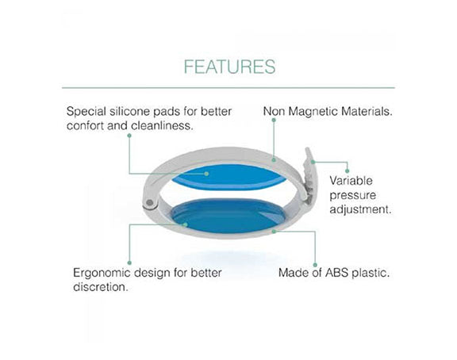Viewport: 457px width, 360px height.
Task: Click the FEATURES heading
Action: [x=229, y=67]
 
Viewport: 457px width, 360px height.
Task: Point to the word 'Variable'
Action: [x=351, y=181]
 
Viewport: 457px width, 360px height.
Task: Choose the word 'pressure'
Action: [x=352, y=196]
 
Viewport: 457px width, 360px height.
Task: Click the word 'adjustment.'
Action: [x=360, y=209]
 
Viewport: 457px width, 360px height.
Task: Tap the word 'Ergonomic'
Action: [x=102, y=274]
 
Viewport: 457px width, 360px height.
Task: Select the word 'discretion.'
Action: [x=101, y=287]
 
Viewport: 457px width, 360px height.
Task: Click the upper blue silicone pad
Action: [x=228, y=177]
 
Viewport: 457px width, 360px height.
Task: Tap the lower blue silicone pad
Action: [x=228, y=216]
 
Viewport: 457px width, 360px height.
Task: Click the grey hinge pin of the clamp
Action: [x=149, y=202]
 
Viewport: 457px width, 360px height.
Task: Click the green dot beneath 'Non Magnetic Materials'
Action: [x=274, y=120]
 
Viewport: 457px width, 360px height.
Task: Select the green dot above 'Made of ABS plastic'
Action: [x=315, y=265]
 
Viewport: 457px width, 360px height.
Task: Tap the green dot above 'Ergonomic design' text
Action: [x=129, y=263]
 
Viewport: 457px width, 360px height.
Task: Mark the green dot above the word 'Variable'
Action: [x=347, y=171]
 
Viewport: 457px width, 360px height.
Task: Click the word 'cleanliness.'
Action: [x=162, y=126]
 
